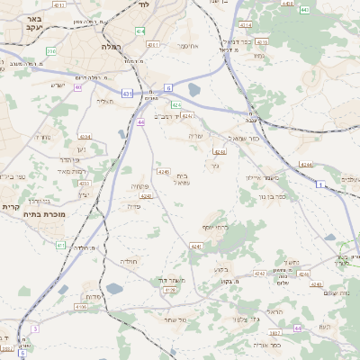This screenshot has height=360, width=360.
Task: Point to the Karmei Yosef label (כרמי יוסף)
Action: (216, 226)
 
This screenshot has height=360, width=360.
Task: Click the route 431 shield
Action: (128, 93)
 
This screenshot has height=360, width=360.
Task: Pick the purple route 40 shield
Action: (78, 87)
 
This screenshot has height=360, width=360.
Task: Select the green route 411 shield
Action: (60, 245)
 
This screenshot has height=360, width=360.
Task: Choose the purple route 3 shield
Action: (35, 329)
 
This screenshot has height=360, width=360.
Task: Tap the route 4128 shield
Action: (170, 291)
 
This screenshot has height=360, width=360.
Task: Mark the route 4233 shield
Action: (84, 183)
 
